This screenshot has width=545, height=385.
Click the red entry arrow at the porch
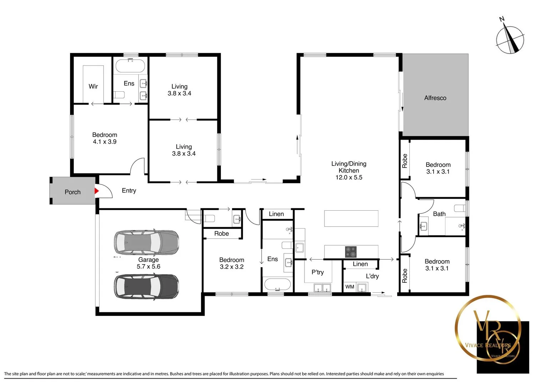96,191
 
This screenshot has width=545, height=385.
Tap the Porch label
72,192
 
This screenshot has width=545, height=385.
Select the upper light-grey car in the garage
146,242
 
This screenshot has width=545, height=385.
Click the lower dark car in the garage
146,286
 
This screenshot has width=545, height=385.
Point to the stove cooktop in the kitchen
350,252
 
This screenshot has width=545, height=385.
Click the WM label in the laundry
350,287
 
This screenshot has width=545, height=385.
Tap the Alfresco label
435,98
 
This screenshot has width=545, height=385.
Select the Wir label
93,86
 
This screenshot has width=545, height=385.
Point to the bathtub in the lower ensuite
277,285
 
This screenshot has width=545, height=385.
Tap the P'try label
318,272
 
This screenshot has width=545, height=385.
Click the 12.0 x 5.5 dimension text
349,178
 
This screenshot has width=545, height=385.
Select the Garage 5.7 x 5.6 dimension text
148,267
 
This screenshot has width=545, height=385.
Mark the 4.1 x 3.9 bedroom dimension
105,142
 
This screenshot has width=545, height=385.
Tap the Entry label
129,191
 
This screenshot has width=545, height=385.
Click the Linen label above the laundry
360,264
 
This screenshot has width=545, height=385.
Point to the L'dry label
372,276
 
